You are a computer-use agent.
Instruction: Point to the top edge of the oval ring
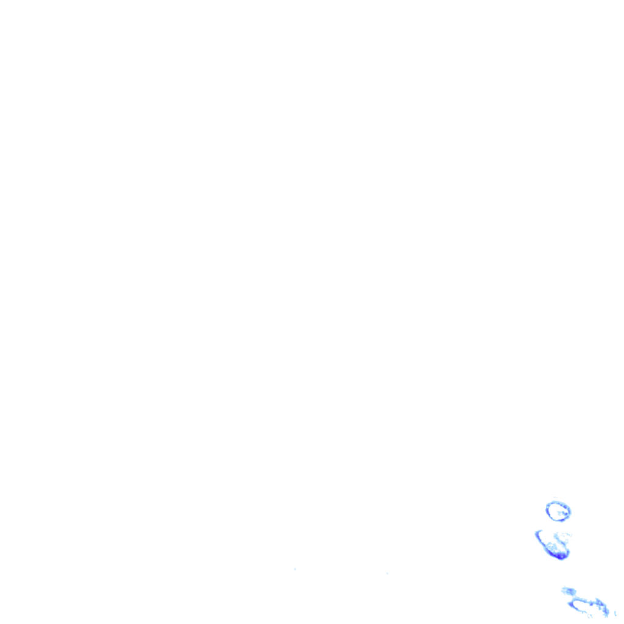point(557,502)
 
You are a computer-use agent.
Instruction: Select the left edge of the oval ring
point(547,510)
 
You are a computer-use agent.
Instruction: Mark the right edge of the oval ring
point(570,511)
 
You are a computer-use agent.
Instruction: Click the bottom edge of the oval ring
point(559,520)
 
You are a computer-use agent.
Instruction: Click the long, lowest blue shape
point(588,603)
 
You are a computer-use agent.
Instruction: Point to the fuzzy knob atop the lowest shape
point(569,590)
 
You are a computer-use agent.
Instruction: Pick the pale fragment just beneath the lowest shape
point(590,615)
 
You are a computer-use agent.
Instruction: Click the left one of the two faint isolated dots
point(295,569)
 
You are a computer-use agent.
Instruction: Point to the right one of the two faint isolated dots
point(387,573)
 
